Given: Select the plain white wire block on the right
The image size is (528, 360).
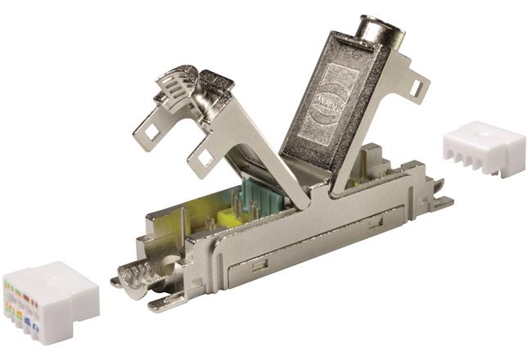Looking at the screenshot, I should pos(484,149).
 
